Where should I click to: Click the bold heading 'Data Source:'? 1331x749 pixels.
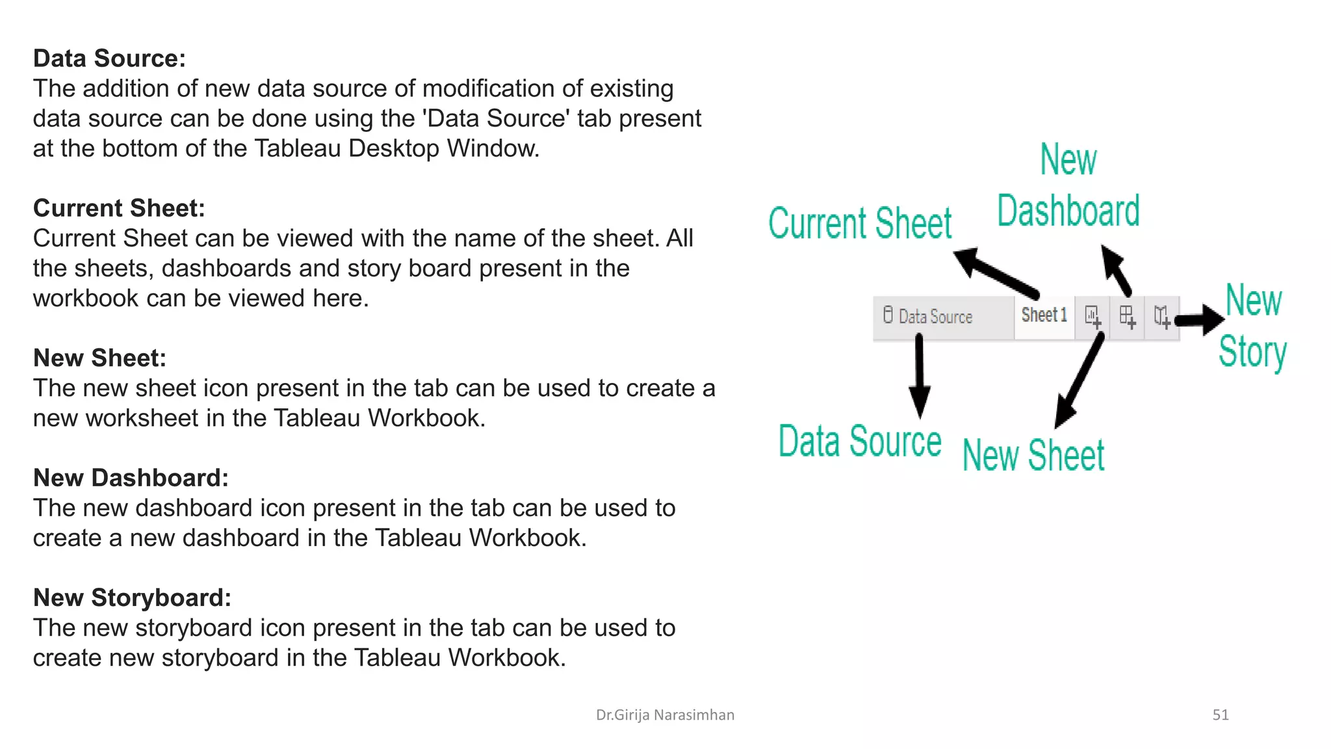109,59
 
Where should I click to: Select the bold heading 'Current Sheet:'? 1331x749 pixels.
119,208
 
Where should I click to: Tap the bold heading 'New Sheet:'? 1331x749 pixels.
99,358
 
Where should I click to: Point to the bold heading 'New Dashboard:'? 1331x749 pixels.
131,478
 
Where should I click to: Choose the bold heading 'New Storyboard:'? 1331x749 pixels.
132,598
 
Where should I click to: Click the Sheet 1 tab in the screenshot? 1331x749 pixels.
1044,316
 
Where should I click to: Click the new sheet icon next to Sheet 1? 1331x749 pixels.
1092,317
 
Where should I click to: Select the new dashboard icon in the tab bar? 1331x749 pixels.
1128,317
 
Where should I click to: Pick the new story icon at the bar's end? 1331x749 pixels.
1162,317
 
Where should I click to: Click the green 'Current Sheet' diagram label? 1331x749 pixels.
860,223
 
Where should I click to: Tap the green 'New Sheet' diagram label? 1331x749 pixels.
1033,454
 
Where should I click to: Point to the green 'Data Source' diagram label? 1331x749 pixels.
860,441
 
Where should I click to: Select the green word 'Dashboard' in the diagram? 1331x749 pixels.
1068,211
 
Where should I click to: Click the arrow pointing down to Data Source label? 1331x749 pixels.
919,377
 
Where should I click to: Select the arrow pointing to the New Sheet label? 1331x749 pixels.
1079,381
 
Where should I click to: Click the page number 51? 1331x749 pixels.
1221,715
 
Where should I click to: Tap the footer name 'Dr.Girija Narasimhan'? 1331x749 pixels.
665,715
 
